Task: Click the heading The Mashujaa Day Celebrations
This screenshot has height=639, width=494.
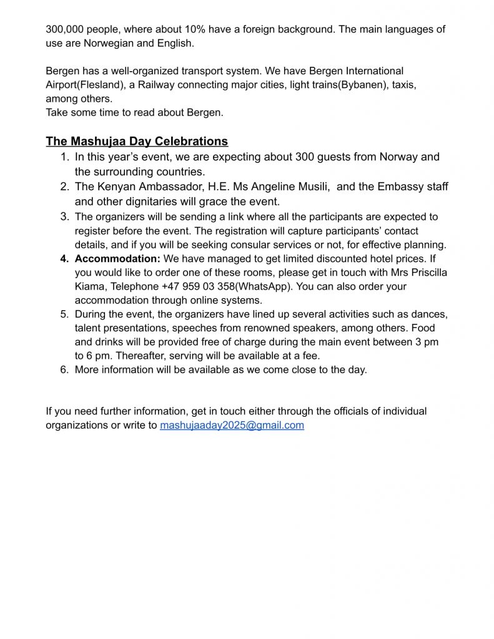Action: pyautogui.click(x=137, y=142)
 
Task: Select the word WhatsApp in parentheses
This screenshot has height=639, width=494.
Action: pyautogui.click(x=266, y=286)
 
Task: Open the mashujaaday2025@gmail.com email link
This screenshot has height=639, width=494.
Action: pyautogui.click(x=232, y=426)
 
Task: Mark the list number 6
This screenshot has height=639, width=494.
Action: pyautogui.click(x=64, y=369)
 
